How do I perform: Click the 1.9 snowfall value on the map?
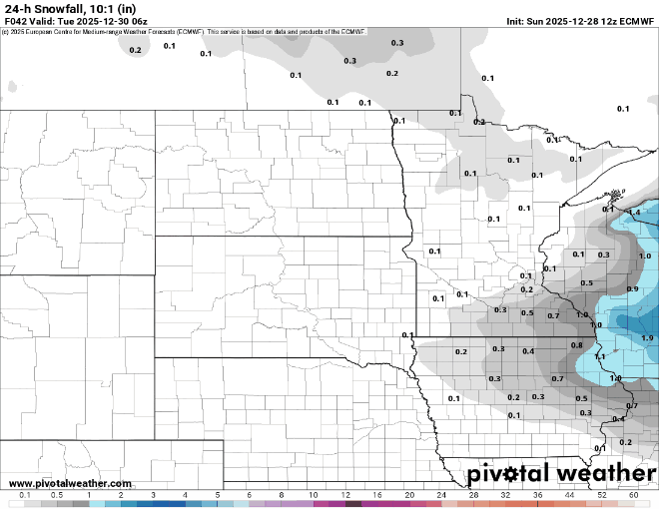[647, 338]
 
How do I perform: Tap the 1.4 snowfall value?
[634, 213]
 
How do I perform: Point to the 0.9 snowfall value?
[632, 288]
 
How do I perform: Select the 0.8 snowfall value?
[576, 345]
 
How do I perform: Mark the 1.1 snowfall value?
[600, 356]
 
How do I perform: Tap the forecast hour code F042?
[17, 20]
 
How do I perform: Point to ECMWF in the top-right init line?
[635, 20]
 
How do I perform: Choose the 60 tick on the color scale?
[633, 495]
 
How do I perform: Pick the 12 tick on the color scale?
[345, 495]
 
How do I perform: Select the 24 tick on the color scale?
[441, 495]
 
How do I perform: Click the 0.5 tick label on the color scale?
[57, 495]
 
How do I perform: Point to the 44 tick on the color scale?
[569, 495]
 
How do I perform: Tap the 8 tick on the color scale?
[282, 495]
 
